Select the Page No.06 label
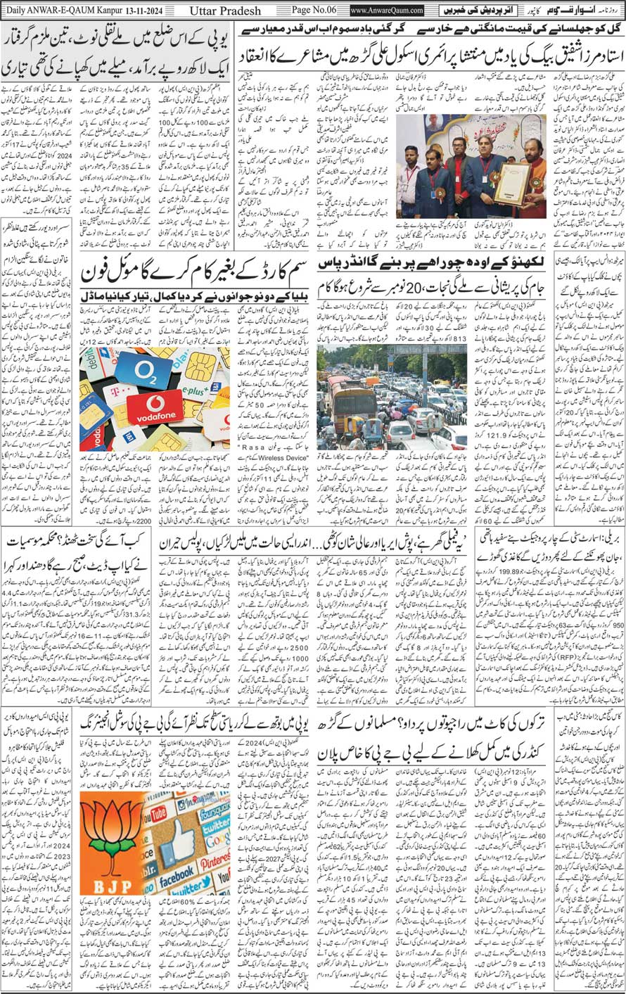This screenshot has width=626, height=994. (314, 11)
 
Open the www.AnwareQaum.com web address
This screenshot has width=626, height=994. (386, 11)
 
